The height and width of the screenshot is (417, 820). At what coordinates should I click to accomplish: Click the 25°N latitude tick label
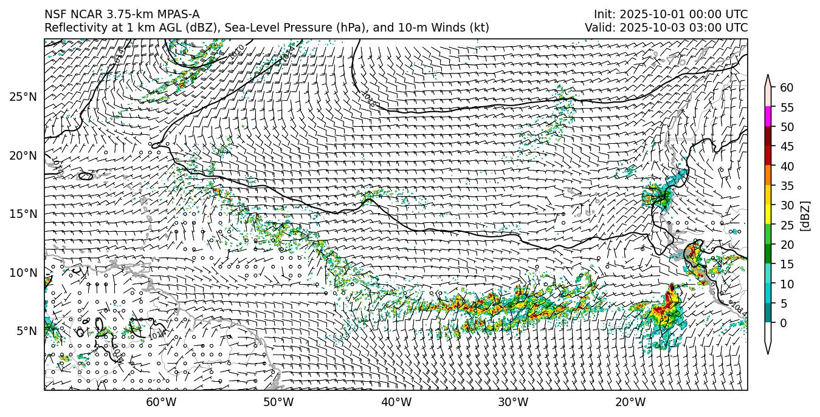[x=23, y=97]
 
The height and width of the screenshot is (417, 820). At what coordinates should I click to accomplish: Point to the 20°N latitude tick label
[x=23, y=155]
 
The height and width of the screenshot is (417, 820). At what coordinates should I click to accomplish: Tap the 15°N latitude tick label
[x=23, y=214]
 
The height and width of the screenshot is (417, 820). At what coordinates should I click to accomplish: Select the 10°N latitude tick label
[x=23, y=273]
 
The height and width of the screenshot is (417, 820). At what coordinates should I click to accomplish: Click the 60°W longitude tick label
[x=161, y=402]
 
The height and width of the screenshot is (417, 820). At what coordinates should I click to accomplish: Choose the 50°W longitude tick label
[x=278, y=402]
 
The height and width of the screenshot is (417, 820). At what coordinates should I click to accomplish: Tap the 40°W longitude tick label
[x=396, y=402]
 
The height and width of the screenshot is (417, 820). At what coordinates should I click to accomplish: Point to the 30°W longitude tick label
[x=514, y=402]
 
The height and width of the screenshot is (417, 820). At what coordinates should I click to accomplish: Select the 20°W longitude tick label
[x=630, y=402]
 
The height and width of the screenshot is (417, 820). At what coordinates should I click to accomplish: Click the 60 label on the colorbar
[x=787, y=87]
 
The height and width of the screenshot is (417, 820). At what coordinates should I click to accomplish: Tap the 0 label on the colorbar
[x=784, y=323]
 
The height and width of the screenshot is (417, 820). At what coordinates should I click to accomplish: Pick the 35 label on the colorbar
[x=787, y=186]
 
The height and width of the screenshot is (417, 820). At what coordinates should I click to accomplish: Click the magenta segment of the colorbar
[x=768, y=117]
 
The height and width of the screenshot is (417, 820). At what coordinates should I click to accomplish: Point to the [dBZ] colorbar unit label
[x=805, y=215]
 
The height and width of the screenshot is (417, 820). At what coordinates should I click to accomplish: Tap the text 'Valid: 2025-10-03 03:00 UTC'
[x=666, y=28]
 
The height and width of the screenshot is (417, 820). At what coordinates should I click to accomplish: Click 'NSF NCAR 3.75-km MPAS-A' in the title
[x=122, y=15]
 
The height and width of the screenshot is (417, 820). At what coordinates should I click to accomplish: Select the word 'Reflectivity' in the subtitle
[x=72, y=28]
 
